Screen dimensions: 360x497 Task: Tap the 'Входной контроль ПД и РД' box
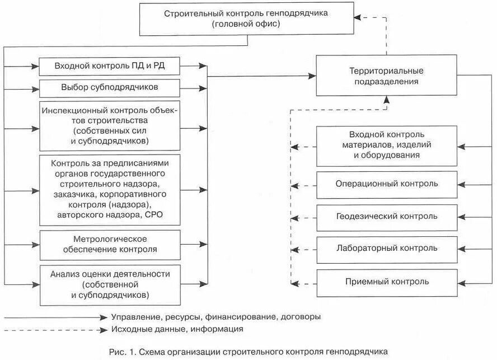109,67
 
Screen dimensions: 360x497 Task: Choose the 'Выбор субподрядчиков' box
109,88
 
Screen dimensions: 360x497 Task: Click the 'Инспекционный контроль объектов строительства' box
109,126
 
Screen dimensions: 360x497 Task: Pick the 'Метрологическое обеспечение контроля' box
109,244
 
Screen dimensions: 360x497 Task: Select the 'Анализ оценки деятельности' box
109,283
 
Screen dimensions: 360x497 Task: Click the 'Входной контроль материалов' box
386,146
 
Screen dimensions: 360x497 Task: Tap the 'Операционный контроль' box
386,184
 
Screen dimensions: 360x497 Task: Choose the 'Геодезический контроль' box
386,216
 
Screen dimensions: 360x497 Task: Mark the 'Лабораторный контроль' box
386,248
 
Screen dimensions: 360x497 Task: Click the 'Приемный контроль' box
386,281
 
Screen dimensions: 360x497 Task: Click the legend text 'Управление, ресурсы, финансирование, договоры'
215,317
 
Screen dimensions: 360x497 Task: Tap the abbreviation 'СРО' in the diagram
154,214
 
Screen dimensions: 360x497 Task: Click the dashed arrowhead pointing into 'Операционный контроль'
298,184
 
